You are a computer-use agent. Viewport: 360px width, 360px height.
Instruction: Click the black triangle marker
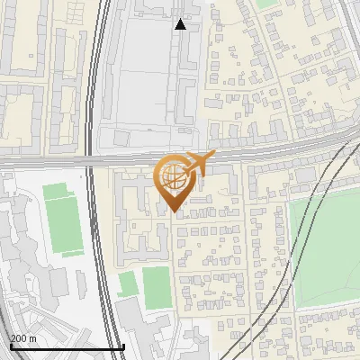[180, 24]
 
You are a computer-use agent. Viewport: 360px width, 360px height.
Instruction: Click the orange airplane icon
[200, 163]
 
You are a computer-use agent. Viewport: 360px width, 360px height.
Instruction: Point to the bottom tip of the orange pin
[174, 211]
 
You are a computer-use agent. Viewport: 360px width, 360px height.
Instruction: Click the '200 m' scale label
[23, 337]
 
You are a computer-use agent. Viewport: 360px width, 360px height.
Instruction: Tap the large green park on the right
[328, 247]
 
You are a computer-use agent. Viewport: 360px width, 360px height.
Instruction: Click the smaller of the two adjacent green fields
[128, 284]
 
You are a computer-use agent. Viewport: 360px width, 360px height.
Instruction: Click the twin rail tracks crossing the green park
[306, 234]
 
